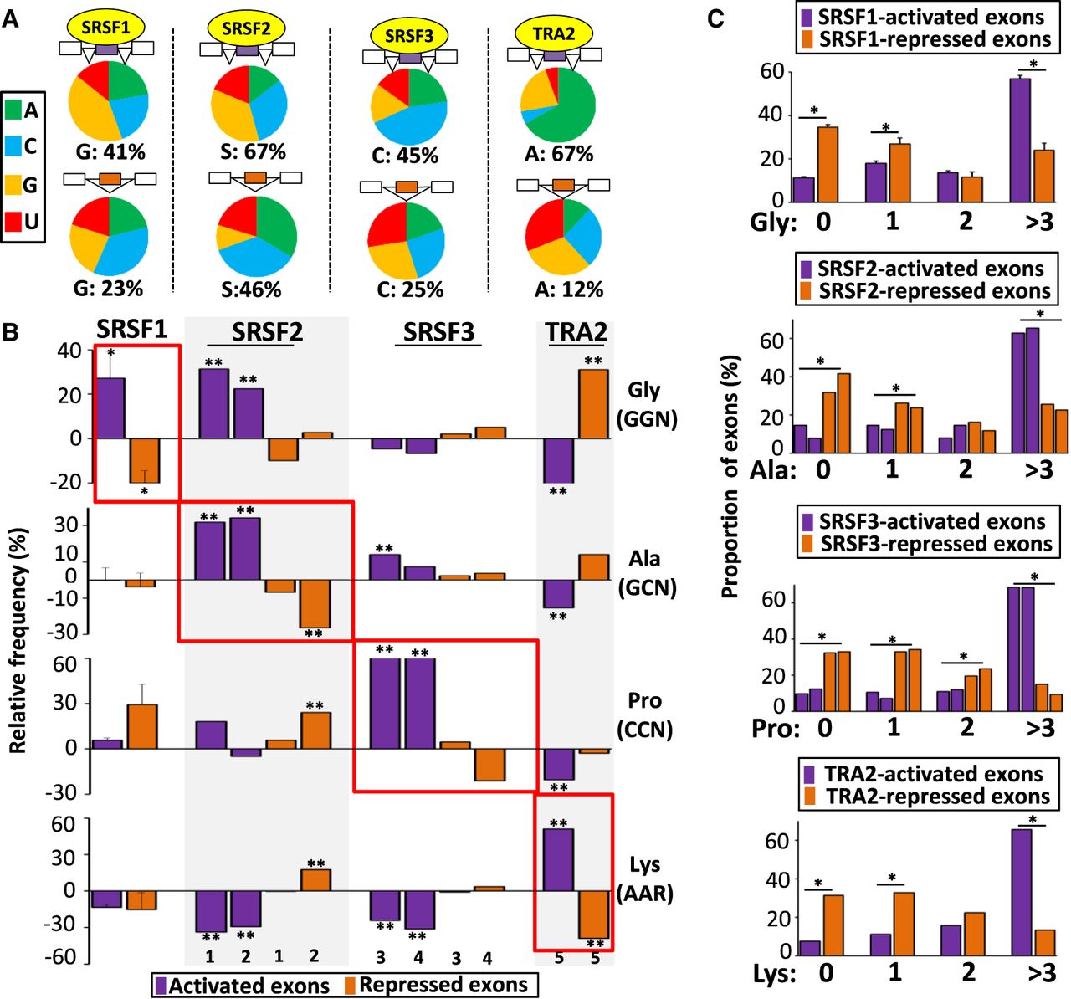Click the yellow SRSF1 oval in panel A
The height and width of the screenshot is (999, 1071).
(x=107, y=28)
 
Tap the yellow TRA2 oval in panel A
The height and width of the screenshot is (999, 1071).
(x=553, y=33)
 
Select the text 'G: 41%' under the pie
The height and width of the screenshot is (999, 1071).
(x=108, y=152)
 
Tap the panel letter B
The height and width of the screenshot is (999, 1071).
(x=11, y=333)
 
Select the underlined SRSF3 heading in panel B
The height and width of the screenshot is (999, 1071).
(x=438, y=332)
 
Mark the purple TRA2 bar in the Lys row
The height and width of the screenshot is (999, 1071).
(x=558, y=859)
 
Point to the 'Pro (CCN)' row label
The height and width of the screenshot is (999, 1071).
(x=644, y=715)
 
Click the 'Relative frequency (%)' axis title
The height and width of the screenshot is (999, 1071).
(x=18, y=640)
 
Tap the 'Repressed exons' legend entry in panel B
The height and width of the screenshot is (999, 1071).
(x=443, y=985)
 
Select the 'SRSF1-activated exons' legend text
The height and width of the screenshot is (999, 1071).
(x=930, y=17)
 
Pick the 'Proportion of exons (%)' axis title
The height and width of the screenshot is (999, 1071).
(x=730, y=477)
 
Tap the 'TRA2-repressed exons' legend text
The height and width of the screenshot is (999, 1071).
(x=937, y=796)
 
